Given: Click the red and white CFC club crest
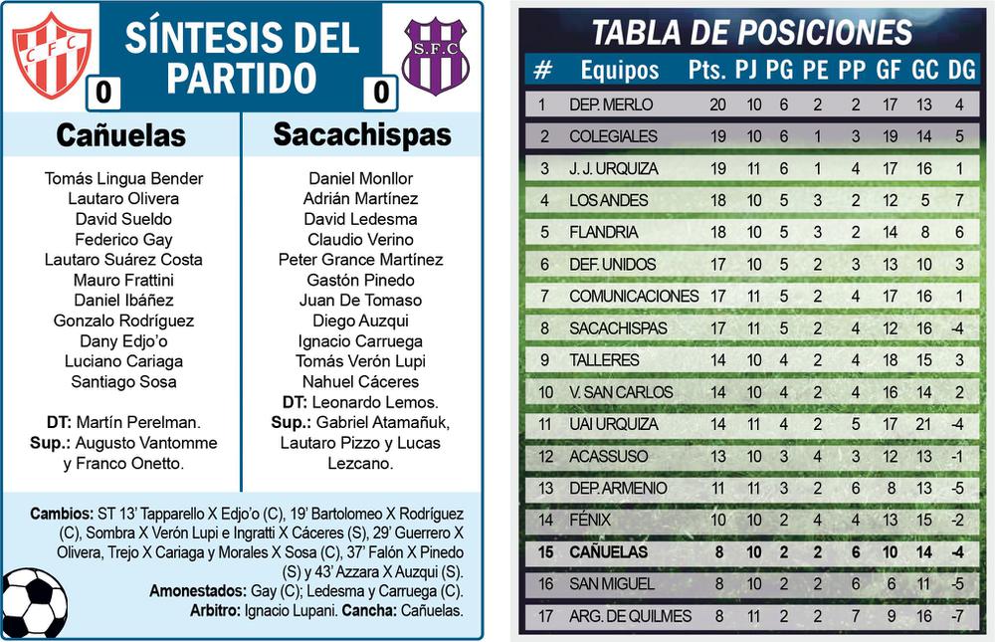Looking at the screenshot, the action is point(51,55).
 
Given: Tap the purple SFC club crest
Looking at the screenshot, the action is point(435,56).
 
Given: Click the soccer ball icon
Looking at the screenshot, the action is point(33,603).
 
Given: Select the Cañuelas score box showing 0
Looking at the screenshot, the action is point(103,94).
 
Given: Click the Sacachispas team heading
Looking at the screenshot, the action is point(362,134).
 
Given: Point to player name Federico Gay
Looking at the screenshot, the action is point(123,240).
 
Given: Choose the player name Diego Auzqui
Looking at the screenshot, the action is point(360,321).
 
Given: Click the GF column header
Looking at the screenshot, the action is point(889,71).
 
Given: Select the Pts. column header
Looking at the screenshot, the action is point(706,71).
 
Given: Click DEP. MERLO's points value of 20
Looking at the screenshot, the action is point(717,105).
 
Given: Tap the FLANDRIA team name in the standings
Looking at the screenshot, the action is point(603,232).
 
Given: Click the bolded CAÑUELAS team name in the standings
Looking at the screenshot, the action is point(608,551).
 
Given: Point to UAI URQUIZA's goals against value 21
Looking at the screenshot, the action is point(924,424).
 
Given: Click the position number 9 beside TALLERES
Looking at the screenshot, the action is point(543,360).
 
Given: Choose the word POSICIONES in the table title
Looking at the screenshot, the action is point(821,33).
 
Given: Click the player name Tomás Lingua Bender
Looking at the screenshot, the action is point(123,179).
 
